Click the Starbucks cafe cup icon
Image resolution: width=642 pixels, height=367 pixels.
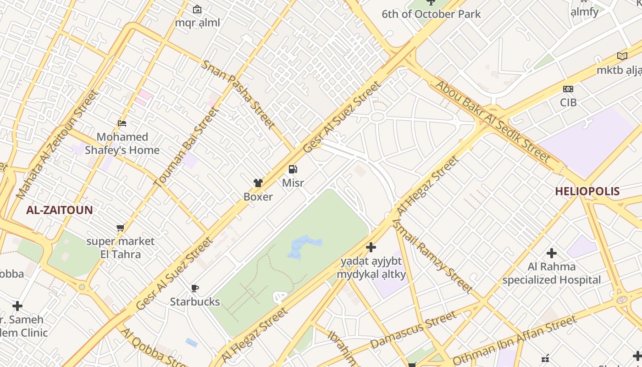pos(195,288)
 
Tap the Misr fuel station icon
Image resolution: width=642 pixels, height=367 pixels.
pos(293,169)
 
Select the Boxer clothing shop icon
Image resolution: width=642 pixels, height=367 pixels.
pos(258,183)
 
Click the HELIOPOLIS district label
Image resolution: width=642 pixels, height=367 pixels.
pos(587,191)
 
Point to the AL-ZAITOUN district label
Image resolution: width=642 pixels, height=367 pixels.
pos(59,210)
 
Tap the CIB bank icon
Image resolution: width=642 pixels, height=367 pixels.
pos(568,89)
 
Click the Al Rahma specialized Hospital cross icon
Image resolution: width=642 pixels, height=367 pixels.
pos(552,253)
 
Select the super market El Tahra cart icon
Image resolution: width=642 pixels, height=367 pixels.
pos(121,228)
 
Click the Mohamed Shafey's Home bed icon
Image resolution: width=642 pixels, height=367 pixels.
pos(122,123)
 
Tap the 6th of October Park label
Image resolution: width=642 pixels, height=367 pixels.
pos(431,14)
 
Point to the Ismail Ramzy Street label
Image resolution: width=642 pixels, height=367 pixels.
pos(432,256)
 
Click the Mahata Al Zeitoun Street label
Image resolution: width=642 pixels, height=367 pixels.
pos(57,144)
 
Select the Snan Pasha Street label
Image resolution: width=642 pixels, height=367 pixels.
pos(238,94)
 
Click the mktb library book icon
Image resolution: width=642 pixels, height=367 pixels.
pos(622,56)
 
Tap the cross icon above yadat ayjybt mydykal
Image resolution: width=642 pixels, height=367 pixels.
pos(371,248)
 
